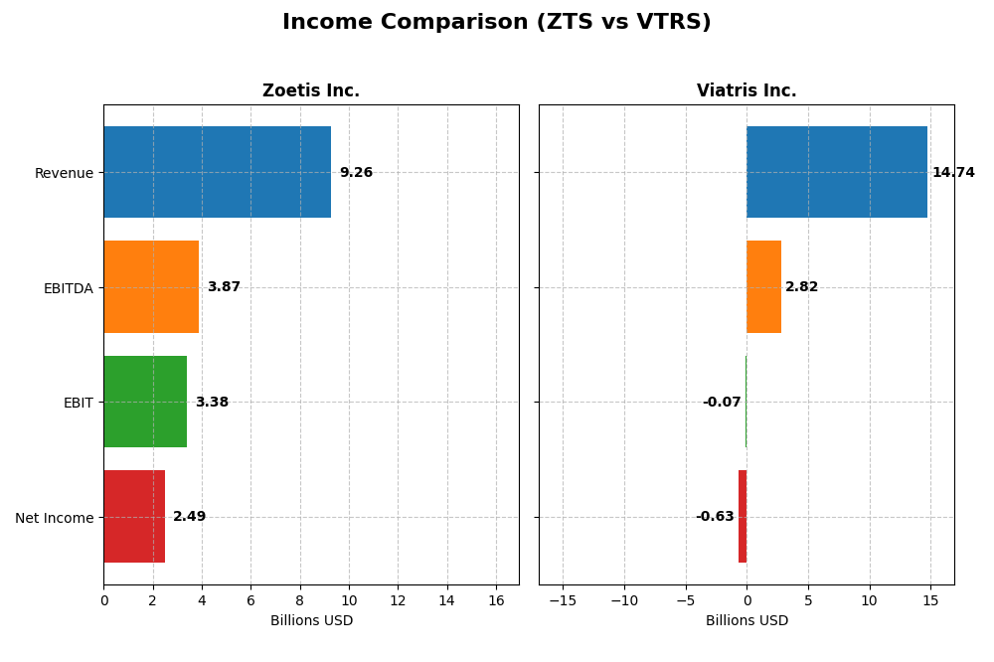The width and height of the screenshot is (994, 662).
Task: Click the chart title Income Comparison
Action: coord(496,23)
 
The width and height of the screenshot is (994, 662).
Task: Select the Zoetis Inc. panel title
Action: coord(310,91)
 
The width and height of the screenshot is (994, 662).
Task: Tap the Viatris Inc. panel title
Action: coord(745,91)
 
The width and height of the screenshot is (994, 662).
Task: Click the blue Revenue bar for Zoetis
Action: coord(217,172)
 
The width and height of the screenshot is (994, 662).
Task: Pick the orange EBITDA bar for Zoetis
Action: coord(151,286)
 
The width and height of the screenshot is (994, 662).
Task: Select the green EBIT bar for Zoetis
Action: coord(145,402)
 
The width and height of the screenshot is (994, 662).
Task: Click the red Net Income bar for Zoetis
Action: coord(134,516)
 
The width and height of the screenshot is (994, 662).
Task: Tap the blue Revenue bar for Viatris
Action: coord(836,172)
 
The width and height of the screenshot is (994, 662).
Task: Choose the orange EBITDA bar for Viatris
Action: coord(763,286)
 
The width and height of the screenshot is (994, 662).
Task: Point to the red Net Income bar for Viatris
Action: coord(743,516)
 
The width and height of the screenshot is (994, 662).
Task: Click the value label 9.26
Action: coord(356,173)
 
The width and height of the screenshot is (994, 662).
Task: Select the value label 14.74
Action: coord(953,173)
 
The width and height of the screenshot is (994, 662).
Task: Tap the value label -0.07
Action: coord(722,403)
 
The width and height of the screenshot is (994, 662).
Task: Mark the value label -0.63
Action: coord(715,517)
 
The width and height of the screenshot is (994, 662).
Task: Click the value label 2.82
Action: coord(801,287)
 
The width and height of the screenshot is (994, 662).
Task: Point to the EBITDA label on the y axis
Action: coord(68,288)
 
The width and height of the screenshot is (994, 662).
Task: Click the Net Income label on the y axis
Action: coord(54,518)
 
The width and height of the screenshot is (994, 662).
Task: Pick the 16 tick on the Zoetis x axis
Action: coord(496,600)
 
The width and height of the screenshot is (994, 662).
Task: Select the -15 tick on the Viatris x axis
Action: coord(563,600)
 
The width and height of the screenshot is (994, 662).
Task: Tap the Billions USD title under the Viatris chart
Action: coord(745,621)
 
